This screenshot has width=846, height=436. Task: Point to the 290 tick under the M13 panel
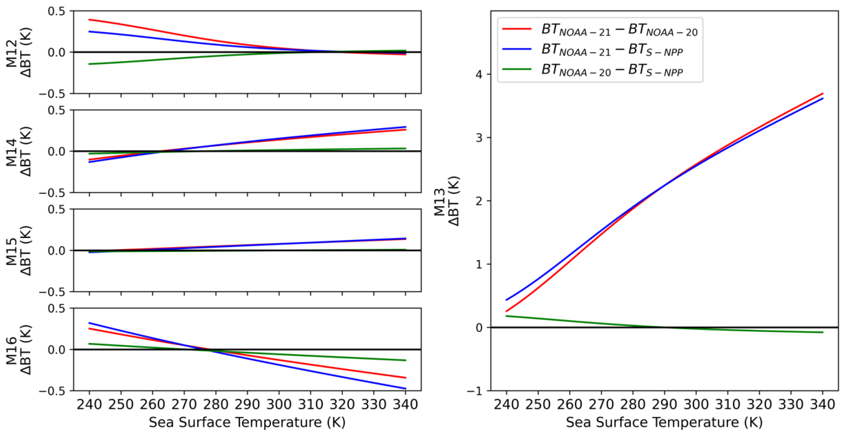click(664, 404)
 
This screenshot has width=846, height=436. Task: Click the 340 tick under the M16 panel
click(405, 404)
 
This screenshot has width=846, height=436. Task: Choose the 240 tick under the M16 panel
click(89, 404)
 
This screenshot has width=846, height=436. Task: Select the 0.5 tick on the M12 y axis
click(56, 11)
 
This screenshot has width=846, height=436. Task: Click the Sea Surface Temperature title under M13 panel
click(664, 422)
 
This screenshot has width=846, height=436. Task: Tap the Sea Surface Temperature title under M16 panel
click(247, 422)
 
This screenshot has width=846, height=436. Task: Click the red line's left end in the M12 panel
click(90, 20)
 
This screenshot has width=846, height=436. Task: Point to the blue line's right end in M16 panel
click(406, 389)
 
